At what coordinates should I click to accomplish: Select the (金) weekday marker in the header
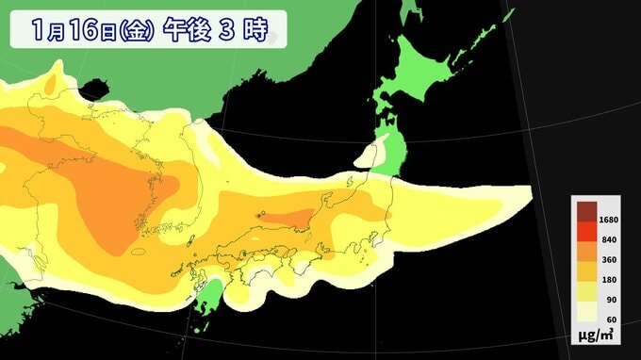pos(134,30)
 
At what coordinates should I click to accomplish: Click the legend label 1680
pos(606,219)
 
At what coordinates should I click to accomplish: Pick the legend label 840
pos(606,239)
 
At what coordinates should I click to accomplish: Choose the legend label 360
pos(606,259)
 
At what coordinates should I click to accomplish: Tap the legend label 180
pos(606,280)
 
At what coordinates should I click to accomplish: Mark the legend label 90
pos(607,301)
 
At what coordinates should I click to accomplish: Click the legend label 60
pos(607,321)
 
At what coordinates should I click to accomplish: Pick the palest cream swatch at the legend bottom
pos(584,314)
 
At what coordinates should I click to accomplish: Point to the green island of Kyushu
pos(213,291)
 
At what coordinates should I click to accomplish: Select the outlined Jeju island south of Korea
pos(139,253)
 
